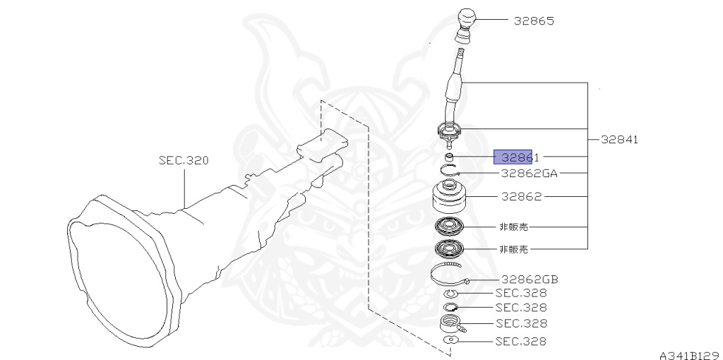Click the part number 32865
click(x=534, y=21)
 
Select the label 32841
click(x=619, y=140)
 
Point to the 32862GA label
click(x=530, y=172)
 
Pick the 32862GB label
click(x=530, y=279)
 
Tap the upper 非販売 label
click(x=513, y=227)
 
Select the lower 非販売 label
click(x=513, y=248)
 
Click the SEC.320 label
click(x=184, y=161)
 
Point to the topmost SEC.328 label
click(x=520, y=293)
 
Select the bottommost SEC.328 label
click(x=520, y=342)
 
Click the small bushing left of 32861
click(x=449, y=157)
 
